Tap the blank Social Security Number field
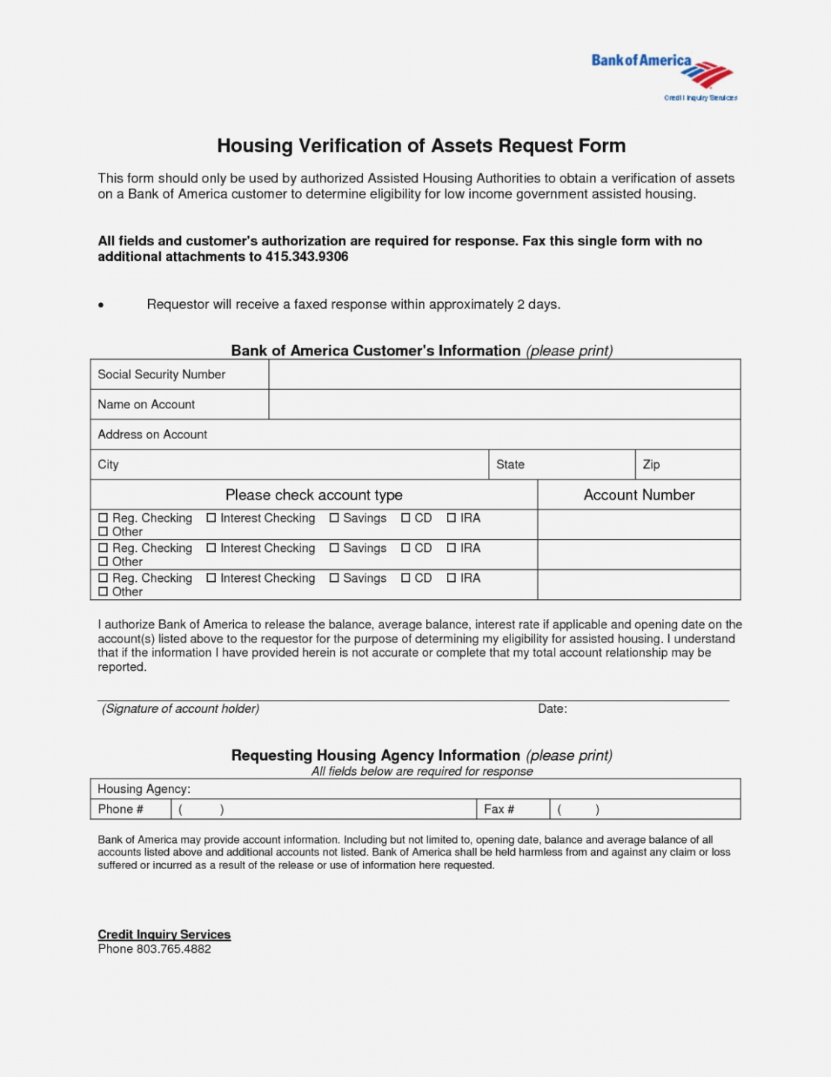pyautogui.click(x=504, y=374)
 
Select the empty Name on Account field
pyautogui.click(x=504, y=404)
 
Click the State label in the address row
pyautogui.click(x=510, y=464)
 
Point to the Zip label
pyautogui.click(x=652, y=464)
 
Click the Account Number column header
pyautogui.click(x=639, y=495)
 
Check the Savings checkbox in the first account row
pyautogui.click(x=334, y=518)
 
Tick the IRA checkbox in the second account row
pyautogui.click(x=451, y=547)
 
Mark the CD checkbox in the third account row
pyautogui.click(x=406, y=578)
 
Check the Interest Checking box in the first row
pyautogui.click(x=211, y=518)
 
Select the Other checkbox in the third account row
pyautogui.click(x=103, y=592)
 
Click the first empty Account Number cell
pyautogui.click(x=639, y=524)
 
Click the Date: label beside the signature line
pyautogui.click(x=552, y=709)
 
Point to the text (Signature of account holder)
pyautogui.click(x=181, y=709)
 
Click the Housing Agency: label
pyautogui.click(x=144, y=789)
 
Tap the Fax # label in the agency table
pyautogui.click(x=499, y=809)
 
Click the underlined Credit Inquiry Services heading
pyautogui.click(x=164, y=934)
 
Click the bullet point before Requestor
pyautogui.click(x=101, y=305)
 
